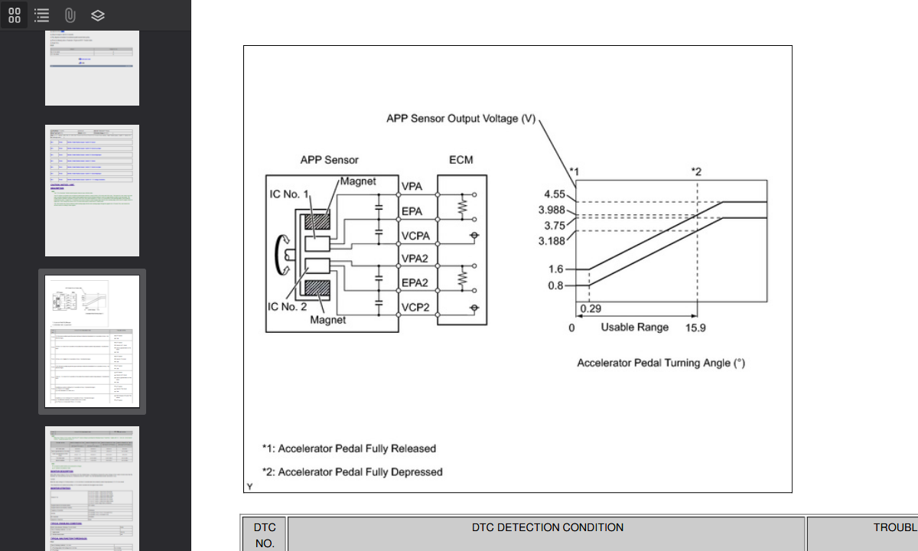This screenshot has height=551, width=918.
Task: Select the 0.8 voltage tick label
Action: coord(555,285)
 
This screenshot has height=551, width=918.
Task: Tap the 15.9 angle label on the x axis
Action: coord(695,328)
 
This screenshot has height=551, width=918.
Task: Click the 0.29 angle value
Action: coord(590,308)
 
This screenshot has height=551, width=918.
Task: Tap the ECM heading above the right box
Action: coord(461,160)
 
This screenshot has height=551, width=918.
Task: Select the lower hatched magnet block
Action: coord(317,289)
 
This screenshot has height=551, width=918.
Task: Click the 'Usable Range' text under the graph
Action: coord(634,328)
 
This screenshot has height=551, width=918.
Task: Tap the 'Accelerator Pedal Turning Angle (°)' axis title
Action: coord(660,363)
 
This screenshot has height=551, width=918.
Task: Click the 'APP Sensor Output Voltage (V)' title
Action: coord(461,119)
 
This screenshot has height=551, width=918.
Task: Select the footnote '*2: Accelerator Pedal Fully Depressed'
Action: coord(352,472)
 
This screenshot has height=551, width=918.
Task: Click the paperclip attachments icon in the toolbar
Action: coord(70,15)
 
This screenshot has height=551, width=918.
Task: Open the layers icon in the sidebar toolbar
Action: coord(97,15)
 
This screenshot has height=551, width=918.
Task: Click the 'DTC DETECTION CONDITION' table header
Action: coord(547,527)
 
